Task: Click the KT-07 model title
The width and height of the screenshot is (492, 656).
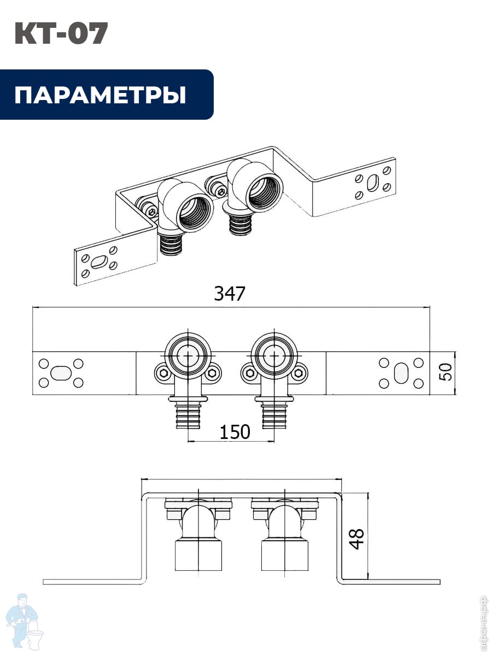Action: pyautogui.click(x=61, y=34)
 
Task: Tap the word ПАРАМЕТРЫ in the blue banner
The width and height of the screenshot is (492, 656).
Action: pyautogui.click(x=100, y=95)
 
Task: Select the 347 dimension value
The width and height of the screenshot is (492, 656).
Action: pyautogui.click(x=229, y=294)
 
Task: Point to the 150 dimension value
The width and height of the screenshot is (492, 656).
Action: pyautogui.click(x=235, y=432)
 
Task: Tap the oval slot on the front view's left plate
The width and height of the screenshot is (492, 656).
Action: pyautogui.click(x=60, y=373)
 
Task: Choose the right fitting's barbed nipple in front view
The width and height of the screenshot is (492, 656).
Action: pyautogui.click(x=273, y=414)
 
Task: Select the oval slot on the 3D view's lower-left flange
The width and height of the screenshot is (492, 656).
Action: pyautogui.click(x=98, y=261)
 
